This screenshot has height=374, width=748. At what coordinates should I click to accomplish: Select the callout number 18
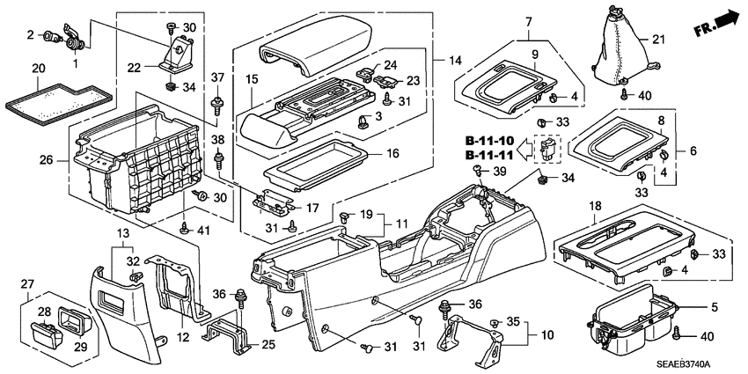pos(595,205)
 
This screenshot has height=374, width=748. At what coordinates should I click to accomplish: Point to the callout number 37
pos(216,79)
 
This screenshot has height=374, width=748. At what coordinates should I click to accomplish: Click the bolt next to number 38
pos(217,160)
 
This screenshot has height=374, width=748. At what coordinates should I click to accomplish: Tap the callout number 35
pos(516,321)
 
